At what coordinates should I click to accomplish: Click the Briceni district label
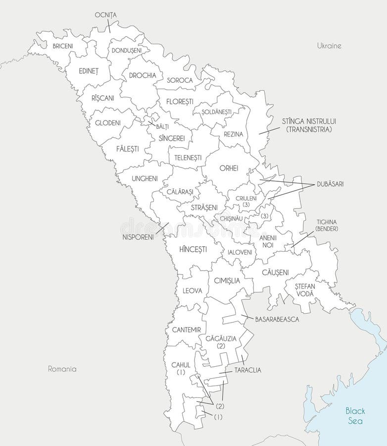coord(62,46)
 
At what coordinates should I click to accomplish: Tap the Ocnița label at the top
coord(105,15)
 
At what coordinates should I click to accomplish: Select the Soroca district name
coord(180,80)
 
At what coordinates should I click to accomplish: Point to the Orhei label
coord(229,168)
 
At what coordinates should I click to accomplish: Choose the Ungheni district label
coord(145,178)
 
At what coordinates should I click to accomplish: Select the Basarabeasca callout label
coord(277,320)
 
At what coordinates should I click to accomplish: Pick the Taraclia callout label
coord(248,370)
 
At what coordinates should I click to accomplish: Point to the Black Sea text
coord(355,416)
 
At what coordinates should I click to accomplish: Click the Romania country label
coord(62,369)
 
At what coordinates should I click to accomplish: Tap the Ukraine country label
coord(329,46)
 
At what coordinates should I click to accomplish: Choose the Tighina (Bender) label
coord(326,225)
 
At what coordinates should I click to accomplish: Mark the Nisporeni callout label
coord(138,236)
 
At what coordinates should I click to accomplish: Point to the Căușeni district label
coord(276,272)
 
